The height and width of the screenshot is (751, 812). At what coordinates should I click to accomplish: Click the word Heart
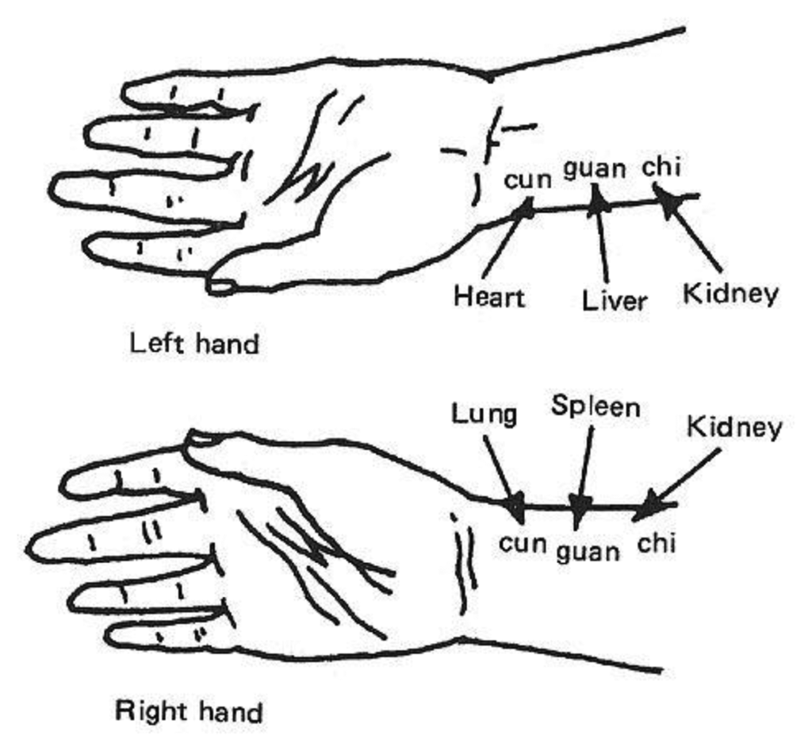(x=488, y=297)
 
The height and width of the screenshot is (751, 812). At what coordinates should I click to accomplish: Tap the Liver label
(x=614, y=300)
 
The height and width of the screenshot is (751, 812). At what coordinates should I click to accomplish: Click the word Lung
(x=484, y=413)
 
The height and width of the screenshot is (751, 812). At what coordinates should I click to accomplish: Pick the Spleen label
(x=595, y=406)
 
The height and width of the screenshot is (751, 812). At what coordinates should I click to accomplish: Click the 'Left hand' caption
(x=193, y=344)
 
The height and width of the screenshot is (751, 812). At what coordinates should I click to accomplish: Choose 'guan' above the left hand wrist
(x=595, y=168)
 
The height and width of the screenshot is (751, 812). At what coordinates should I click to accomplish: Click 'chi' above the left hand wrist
(x=661, y=168)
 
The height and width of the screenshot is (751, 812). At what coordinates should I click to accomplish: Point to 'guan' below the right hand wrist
(x=587, y=550)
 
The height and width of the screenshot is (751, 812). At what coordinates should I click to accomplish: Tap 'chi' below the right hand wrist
(x=656, y=544)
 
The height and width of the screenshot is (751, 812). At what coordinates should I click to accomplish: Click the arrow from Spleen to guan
(x=585, y=468)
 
